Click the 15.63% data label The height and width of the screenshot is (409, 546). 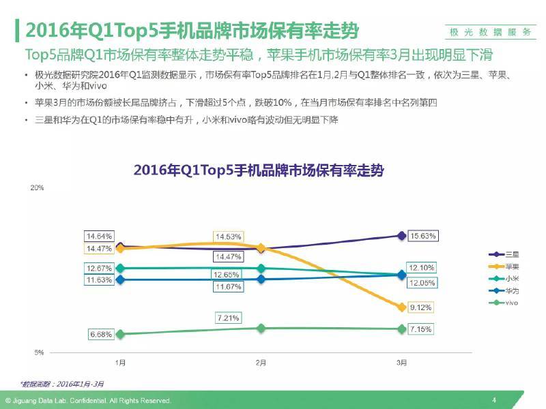[x=423, y=236]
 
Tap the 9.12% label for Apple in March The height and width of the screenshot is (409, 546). [x=423, y=307]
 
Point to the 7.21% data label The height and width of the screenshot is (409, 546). [x=227, y=318]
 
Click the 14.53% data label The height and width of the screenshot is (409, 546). [x=227, y=237]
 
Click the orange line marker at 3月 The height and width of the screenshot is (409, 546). [x=401, y=307]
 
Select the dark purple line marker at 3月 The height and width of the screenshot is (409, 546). [x=401, y=236]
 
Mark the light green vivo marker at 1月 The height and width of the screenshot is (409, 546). [x=120, y=334]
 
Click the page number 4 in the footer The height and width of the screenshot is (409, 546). [x=493, y=400]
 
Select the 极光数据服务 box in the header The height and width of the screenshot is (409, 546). [x=490, y=33]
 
